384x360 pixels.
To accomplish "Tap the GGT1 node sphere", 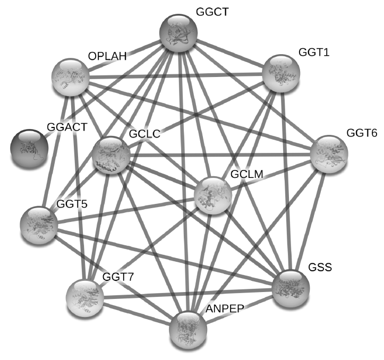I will click(x=281, y=72).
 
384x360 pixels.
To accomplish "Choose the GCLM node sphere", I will click(x=213, y=195).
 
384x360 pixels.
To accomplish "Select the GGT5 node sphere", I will click(x=38, y=225).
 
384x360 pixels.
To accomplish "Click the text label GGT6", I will click(x=362, y=133).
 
